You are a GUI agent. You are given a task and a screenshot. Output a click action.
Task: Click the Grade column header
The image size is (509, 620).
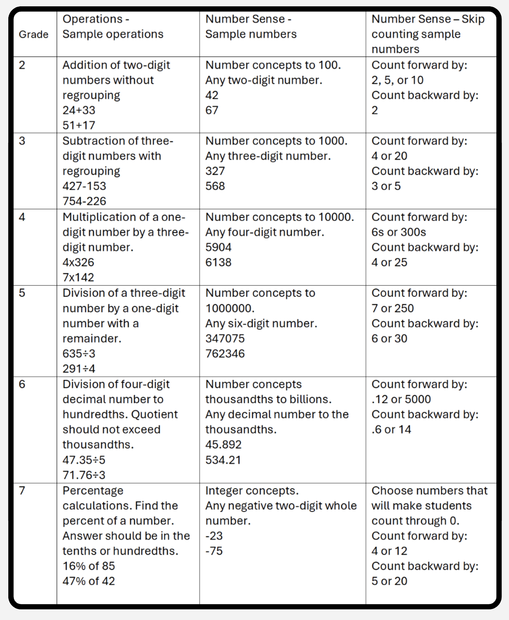(33, 34)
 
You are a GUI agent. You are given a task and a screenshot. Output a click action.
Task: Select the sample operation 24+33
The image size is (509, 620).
(79, 110)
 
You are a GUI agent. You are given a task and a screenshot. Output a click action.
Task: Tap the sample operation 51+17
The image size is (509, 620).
(79, 125)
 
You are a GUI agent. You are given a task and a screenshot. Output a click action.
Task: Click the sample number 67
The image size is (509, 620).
(212, 110)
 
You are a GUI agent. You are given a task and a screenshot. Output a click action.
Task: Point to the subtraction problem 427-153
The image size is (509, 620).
(84, 186)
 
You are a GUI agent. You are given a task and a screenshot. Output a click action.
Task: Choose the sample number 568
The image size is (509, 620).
(215, 186)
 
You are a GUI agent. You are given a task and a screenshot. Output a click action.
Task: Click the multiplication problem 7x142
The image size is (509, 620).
(78, 278)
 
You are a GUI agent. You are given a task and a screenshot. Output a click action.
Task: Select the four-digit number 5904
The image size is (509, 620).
(218, 248)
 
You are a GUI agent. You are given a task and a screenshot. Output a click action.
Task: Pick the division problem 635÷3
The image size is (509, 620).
(79, 353)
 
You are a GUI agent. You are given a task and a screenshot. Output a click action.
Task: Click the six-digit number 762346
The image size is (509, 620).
(225, 353)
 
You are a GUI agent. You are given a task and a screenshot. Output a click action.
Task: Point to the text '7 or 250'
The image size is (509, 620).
(392, 308)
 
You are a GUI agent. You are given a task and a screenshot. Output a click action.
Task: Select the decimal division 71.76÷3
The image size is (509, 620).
(84, 475)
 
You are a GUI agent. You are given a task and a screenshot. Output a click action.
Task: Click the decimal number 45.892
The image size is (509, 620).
(223, 445)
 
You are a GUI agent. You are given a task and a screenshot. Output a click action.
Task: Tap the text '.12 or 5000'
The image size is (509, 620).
(401, 399)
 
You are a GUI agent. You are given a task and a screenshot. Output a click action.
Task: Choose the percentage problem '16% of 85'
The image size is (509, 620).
(89, 566)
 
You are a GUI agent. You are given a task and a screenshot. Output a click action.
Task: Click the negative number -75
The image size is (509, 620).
(214, 551)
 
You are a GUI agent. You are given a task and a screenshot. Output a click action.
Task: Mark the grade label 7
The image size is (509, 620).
(22, 491)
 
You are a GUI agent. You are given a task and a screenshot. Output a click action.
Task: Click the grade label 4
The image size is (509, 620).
(22, 217)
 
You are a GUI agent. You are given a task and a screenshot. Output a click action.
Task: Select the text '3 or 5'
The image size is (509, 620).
(386, 186)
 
